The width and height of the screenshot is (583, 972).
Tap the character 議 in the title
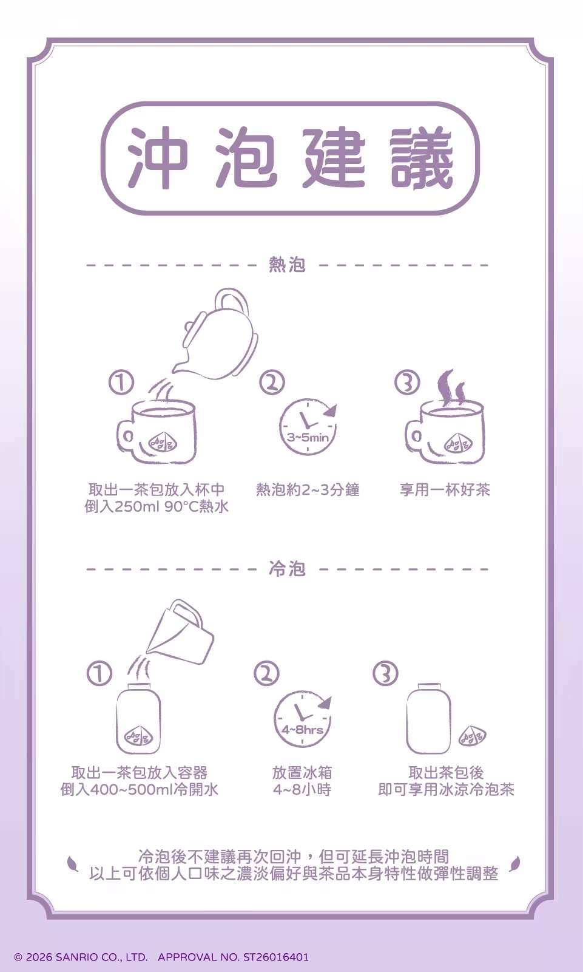coord(422,158)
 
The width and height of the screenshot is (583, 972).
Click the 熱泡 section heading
coord(287,265)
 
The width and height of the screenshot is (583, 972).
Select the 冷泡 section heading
coord(287,569)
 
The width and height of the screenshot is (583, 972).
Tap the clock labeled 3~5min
coord(308,427)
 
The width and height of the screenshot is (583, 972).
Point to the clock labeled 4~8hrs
coord(302,719)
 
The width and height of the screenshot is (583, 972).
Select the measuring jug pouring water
coord(181,634)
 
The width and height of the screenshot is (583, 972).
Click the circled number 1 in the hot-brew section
coord(121,382)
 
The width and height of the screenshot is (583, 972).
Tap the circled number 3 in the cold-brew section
coord(385,673)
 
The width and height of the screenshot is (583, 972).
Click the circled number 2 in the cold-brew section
coord(266,673)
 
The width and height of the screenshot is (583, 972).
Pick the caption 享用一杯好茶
coord(445,490)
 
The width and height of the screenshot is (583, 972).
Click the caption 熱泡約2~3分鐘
coord(308,490)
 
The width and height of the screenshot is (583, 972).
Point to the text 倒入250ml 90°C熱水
coord(157,506)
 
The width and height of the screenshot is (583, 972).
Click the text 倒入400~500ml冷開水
coord(139,789)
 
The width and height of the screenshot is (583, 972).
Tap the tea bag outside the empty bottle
coord(473,737)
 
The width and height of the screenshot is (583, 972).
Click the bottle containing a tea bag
coord(138,719)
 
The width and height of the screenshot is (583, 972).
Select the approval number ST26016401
coord(275,957)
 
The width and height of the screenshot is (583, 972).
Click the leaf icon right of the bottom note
coord(515,863)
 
